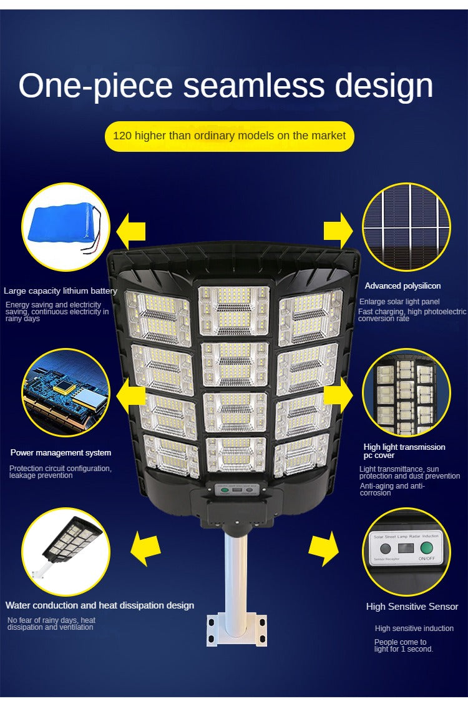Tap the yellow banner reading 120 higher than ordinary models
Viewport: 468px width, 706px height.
click(x=229, y=136)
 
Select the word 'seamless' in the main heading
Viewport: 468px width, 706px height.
click(x=254, y=86)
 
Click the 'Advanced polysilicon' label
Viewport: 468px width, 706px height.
click(x=402, y=286)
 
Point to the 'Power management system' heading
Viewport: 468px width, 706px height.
click(x=61, y=452)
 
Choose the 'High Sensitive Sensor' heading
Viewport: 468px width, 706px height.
click(x=412, y=606)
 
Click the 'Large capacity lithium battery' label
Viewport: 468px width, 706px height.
click(x=60, y=291)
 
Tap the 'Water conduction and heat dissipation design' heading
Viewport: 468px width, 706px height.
click(x=100, y=605)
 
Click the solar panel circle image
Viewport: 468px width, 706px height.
click(x=406, y=227)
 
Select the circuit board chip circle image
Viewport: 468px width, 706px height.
click(x=66, y=392)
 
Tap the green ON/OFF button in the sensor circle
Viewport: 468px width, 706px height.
click(x=427, y=548)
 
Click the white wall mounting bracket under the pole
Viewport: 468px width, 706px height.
click(x=236, y=629)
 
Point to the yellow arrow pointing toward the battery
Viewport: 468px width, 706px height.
click(x=131, y=229)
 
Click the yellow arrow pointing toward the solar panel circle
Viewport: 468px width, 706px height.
click(x=338, y=229)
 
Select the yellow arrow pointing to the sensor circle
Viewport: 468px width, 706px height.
click(x=324, y=550)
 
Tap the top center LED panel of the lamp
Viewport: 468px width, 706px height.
click(x=234, y=311)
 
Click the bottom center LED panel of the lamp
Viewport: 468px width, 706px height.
click(x=235, y=454)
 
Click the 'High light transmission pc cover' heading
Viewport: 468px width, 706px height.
click(x=404, y=451)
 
